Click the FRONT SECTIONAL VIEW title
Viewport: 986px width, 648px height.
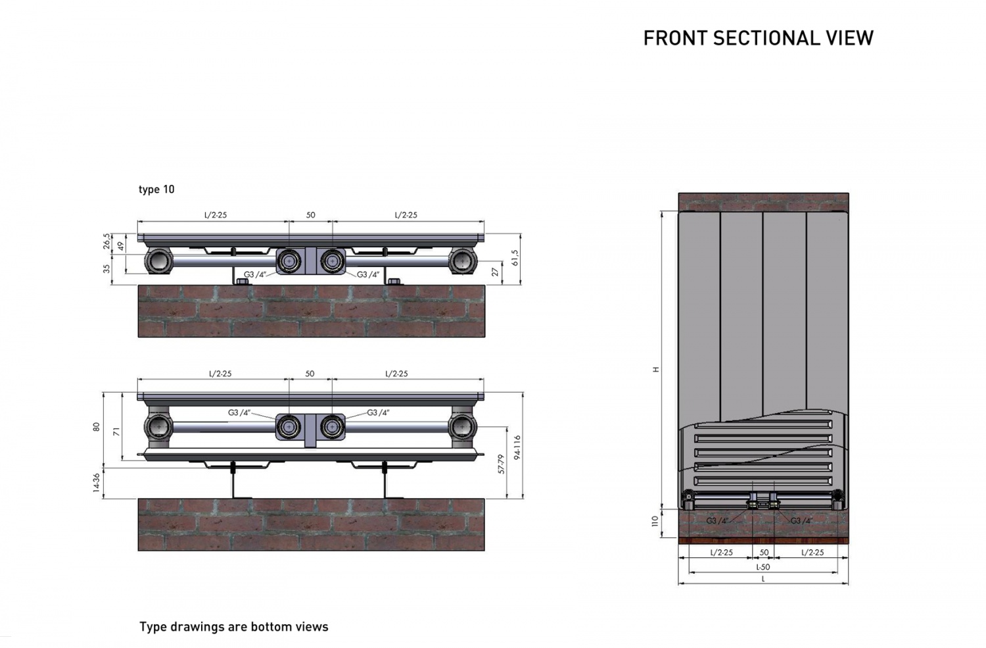[759, 38]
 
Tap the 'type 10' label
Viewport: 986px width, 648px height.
[156, 189]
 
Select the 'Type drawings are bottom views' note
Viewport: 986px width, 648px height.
[234, 626]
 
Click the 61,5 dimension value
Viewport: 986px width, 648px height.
[515, 258]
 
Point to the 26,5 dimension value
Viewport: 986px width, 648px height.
[107, 241]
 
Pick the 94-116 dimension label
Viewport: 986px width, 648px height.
[517, 447]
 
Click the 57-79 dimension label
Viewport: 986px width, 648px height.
[501, 464]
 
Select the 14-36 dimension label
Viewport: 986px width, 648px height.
[97, 483]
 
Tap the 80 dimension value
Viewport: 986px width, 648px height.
[97, 426]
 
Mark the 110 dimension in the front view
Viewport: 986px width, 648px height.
[655, 522]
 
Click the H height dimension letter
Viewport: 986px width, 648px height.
[656, 370]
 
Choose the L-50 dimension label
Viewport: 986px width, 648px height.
[763, 567]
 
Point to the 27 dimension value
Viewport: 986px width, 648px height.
[496, 272]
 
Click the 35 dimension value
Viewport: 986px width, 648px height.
[107, 268]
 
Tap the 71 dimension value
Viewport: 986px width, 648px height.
[116, 432]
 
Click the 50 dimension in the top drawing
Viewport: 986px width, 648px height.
[311, 215]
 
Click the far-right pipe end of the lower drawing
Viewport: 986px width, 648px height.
[462, 427]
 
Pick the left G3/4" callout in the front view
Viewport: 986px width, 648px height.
[717, 520]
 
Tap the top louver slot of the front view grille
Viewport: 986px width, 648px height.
[763, 425]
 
